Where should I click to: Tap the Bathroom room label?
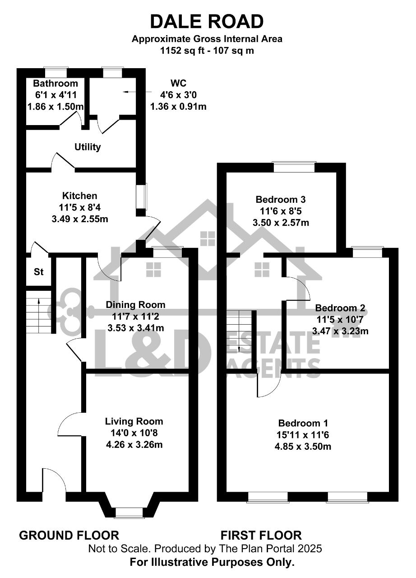tap(55, 84)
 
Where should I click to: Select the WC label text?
tap(178, 84)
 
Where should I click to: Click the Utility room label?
tap(88, 147)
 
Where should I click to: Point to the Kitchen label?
tap(80, 196)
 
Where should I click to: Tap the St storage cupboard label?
tap(39, 272)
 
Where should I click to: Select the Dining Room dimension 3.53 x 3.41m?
tap(136, 328)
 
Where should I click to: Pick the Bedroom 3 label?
tap(281, 199)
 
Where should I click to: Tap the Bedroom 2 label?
tap(340, 308)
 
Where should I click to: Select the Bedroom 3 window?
tap(294, 167)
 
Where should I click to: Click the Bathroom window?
tap(55, 72)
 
